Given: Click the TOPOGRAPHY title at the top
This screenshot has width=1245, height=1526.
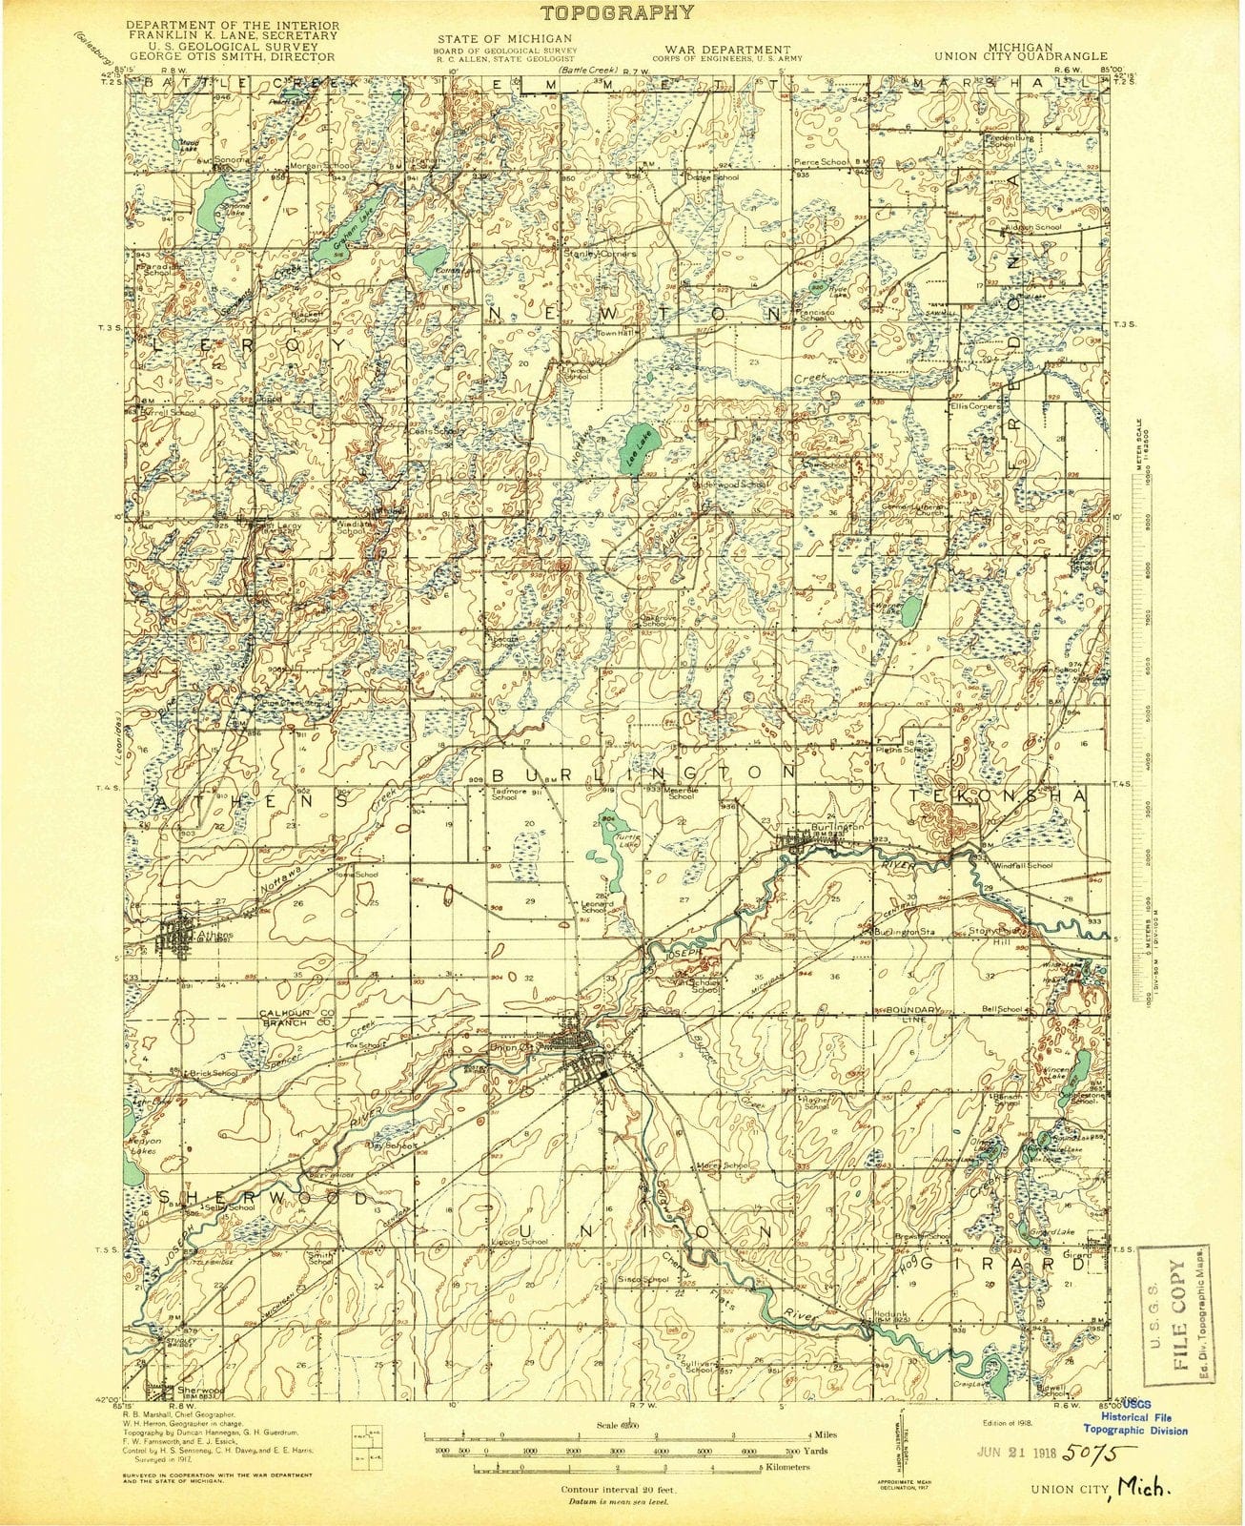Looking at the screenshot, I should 617,12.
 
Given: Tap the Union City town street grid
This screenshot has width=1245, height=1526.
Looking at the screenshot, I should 583,1053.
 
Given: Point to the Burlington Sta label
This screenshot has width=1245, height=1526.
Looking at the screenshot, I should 907,929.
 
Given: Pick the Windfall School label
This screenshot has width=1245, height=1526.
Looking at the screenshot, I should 1022,865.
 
